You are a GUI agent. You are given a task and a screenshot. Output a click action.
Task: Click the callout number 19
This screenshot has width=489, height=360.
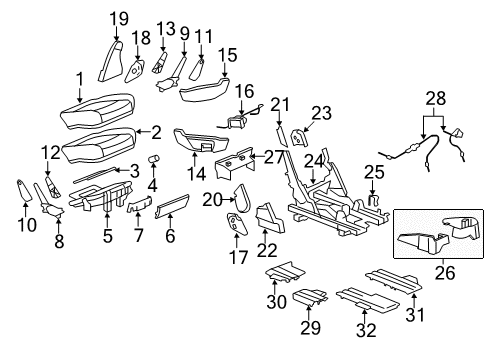pyautogui.click(x=118, y=17)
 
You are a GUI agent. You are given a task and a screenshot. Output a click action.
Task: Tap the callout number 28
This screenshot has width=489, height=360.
pyautogui.click(x=435, y=98)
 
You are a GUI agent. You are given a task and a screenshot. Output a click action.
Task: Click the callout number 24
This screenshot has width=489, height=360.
pyautogui.click(x=314, y=159)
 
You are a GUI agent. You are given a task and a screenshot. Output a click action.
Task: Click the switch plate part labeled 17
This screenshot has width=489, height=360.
pyautogui.click(x=238, y=227)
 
